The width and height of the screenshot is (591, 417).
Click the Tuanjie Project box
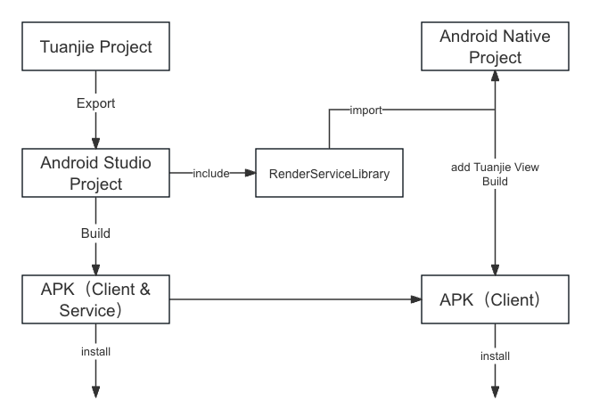coord(96,46)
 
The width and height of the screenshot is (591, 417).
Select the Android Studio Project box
coord(96,173)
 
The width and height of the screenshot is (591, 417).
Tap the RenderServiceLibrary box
coord(329,174)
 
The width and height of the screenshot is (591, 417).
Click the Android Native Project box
coord(496,47)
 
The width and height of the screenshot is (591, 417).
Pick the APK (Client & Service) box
coord(96,299)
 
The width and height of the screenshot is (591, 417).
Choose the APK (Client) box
coord(496,299)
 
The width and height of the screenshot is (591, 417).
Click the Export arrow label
coord(96,103)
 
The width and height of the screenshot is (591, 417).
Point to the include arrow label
coord(210,174)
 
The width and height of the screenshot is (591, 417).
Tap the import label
coord(366,110)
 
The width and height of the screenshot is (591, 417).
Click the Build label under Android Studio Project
coord(96,233)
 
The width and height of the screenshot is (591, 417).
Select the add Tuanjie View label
coord(496,167)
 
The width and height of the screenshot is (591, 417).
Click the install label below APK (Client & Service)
coord(96,351)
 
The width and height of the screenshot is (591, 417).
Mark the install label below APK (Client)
coord(496,356)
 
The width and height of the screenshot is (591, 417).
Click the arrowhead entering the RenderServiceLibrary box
coord(250,174)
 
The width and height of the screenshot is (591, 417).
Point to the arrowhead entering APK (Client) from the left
coord(416,299)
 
